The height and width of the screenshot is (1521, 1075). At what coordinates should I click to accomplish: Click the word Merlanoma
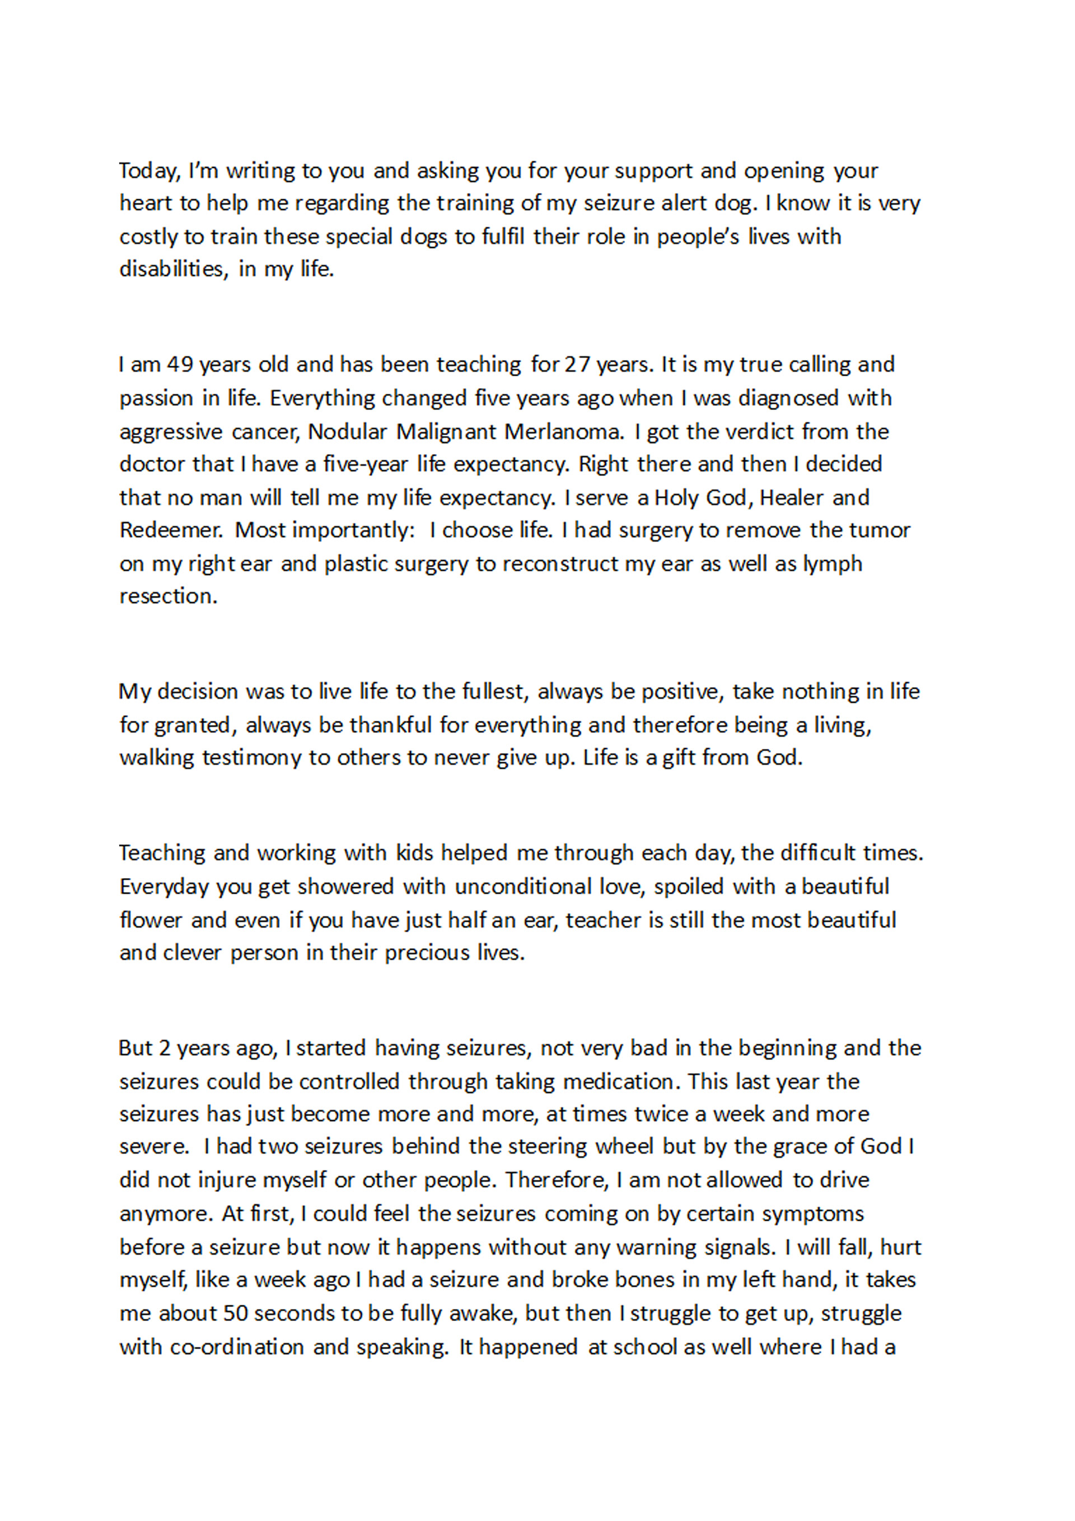[x=564, y=432]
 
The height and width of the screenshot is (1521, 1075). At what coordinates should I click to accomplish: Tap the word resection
[x=167, y=596]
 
